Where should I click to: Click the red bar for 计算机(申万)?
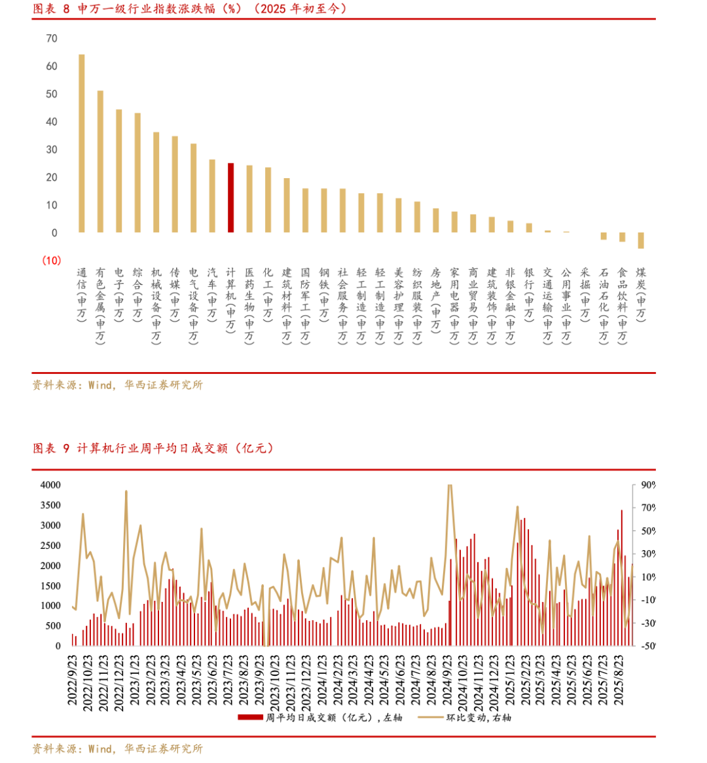click(x=230, y=198)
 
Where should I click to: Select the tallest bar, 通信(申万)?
click(x=81, y=143)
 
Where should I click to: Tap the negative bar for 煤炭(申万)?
click(x=641, y=240)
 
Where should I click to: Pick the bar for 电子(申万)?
click(x=118, y=171)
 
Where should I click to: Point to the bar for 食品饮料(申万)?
click(x=622, y=237)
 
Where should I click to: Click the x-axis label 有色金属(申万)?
click(x=100, y=305)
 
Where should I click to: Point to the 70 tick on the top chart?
click(x=52, y=39)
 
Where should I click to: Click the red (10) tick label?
click(x=51, y=261)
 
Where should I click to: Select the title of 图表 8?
click(x=190, y=9)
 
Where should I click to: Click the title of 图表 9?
click(x=153, y=448)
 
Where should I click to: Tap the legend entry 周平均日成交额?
click(x=321, y=718)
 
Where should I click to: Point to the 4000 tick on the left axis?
click(x=50, y=485)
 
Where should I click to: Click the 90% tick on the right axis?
click(x=647, y=485)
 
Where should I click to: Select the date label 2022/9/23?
click(x=73, y=681)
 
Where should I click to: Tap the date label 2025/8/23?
click(x=618, y=681)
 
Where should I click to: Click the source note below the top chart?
click(x=118, y=385)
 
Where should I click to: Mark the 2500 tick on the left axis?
click(x=50, y=546)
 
